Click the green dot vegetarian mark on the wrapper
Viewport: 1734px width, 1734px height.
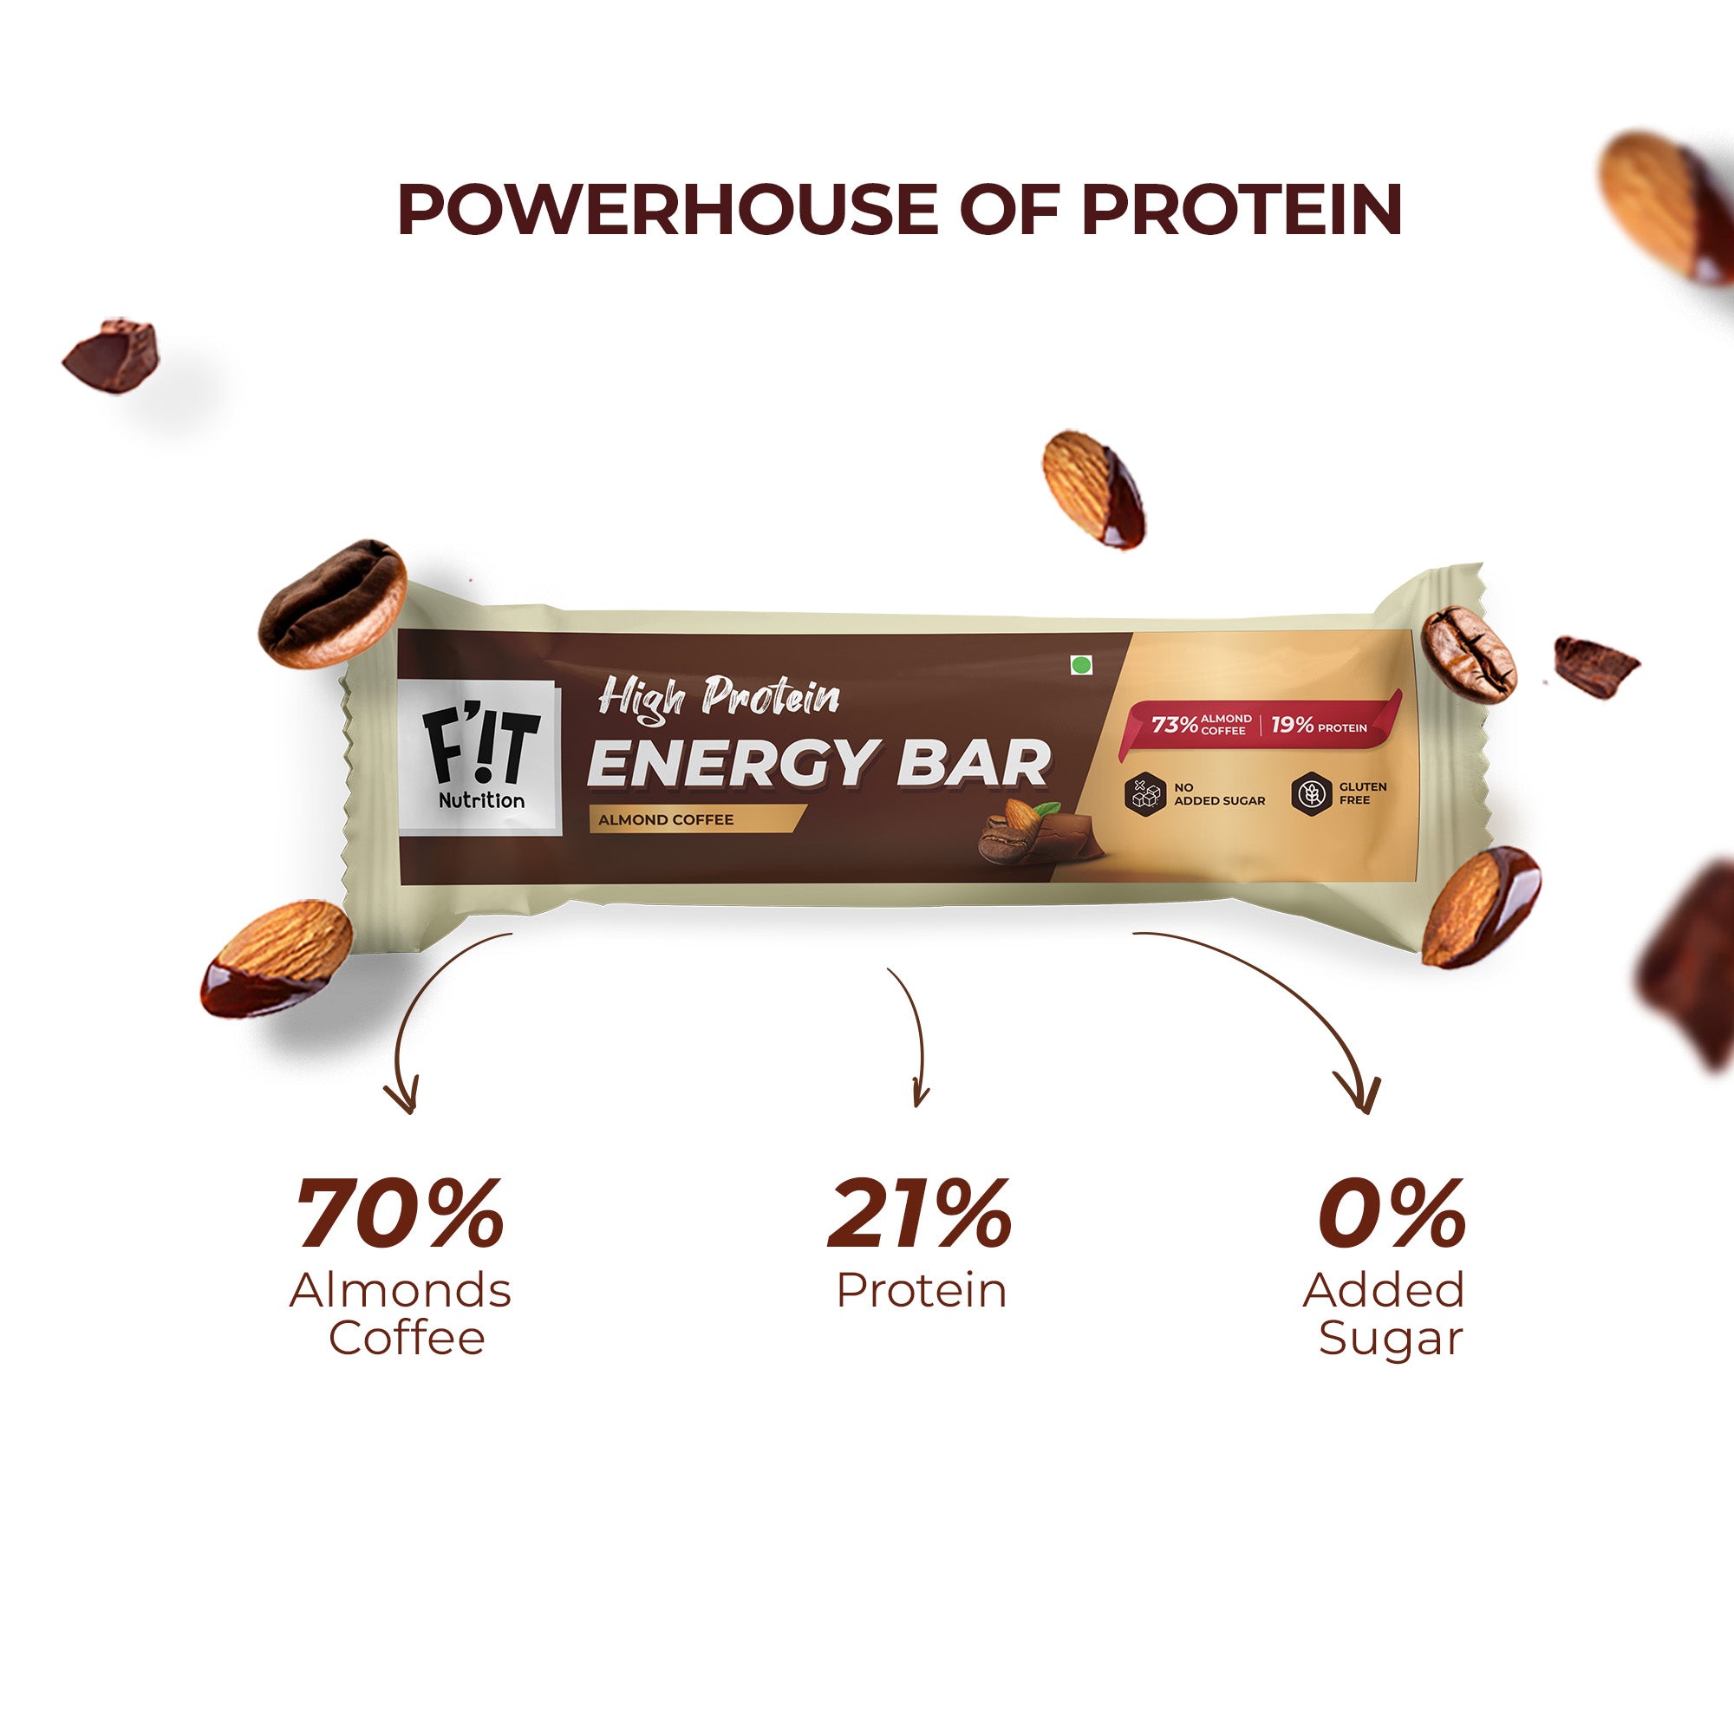pyautogui.click(x=1080, y=665)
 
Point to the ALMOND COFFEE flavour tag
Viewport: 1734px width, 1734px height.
pyautogui.click(x=666, y=819)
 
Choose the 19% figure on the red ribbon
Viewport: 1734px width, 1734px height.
pyautogui.click(x=1292, y=724)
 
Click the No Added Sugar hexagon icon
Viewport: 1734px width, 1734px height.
pyautogui.click(x=1145, y=793)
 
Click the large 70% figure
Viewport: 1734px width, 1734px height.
pyautogui.click(x=401, y=1216)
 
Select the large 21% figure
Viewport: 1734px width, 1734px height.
pyautogui.click(x=920, y=1216)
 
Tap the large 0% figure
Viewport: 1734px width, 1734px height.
pyautogui.click(x=1392, y=1216)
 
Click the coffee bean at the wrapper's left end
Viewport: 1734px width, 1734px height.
pyautogui.click(x=332, y=603)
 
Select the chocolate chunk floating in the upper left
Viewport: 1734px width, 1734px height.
pyautogui.click(x=112, y=355)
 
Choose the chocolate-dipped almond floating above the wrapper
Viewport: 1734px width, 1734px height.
pyautogui.click(x=1092, y=489)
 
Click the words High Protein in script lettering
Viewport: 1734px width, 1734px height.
pyautogui.click(x=718, y=698)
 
